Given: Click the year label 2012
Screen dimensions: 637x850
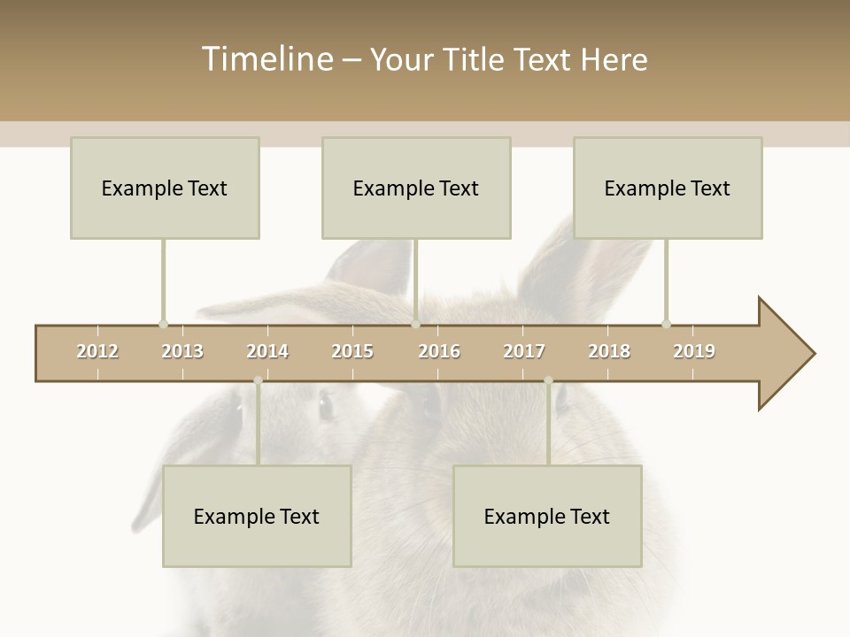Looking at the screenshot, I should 97,351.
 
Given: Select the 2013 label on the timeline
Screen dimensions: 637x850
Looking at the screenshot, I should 182,351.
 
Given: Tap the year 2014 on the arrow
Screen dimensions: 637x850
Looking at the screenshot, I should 267,351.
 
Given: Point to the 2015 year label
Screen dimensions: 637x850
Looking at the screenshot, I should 352,351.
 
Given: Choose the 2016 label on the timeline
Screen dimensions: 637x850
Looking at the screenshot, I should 439,351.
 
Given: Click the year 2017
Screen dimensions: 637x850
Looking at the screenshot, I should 524,351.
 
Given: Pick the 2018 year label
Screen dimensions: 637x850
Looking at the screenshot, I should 609,351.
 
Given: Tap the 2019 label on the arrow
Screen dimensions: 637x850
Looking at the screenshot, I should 694,351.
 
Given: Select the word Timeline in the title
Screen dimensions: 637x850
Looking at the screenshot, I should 267,59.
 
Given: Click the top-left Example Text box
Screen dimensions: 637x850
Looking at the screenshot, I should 165,188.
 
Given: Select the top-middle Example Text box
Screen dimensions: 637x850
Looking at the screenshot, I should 416,188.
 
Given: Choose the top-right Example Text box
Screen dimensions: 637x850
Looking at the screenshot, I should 668,188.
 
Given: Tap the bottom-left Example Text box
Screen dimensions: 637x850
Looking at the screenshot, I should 257,516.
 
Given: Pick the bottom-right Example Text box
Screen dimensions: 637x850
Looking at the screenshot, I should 547,516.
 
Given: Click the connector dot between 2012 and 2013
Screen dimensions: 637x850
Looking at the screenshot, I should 163,324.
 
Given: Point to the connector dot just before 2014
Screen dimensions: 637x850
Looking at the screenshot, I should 258,380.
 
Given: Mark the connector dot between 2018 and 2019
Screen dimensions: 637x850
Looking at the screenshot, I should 666,324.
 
